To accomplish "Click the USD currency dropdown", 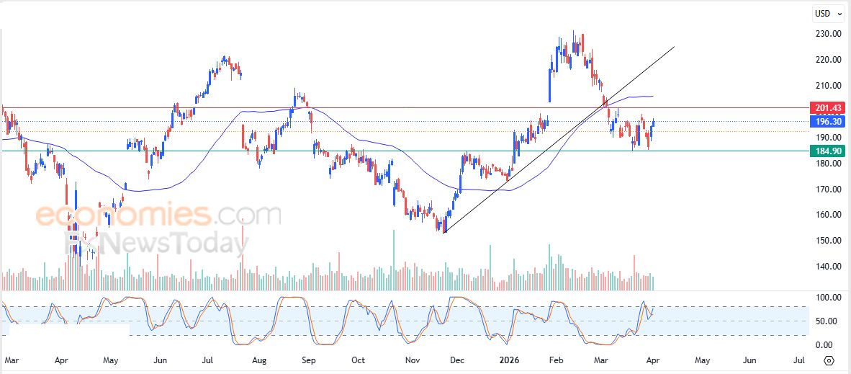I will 826,13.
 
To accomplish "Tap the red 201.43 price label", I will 828,108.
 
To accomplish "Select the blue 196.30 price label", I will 828,122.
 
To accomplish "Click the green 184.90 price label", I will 828,151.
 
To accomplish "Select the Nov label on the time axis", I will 413,359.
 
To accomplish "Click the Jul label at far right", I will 798,359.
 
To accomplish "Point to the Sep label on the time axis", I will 309,359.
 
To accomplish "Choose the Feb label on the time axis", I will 555,359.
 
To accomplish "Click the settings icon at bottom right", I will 829,360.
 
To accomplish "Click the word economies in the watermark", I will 122,215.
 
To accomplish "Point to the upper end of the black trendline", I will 674,47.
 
